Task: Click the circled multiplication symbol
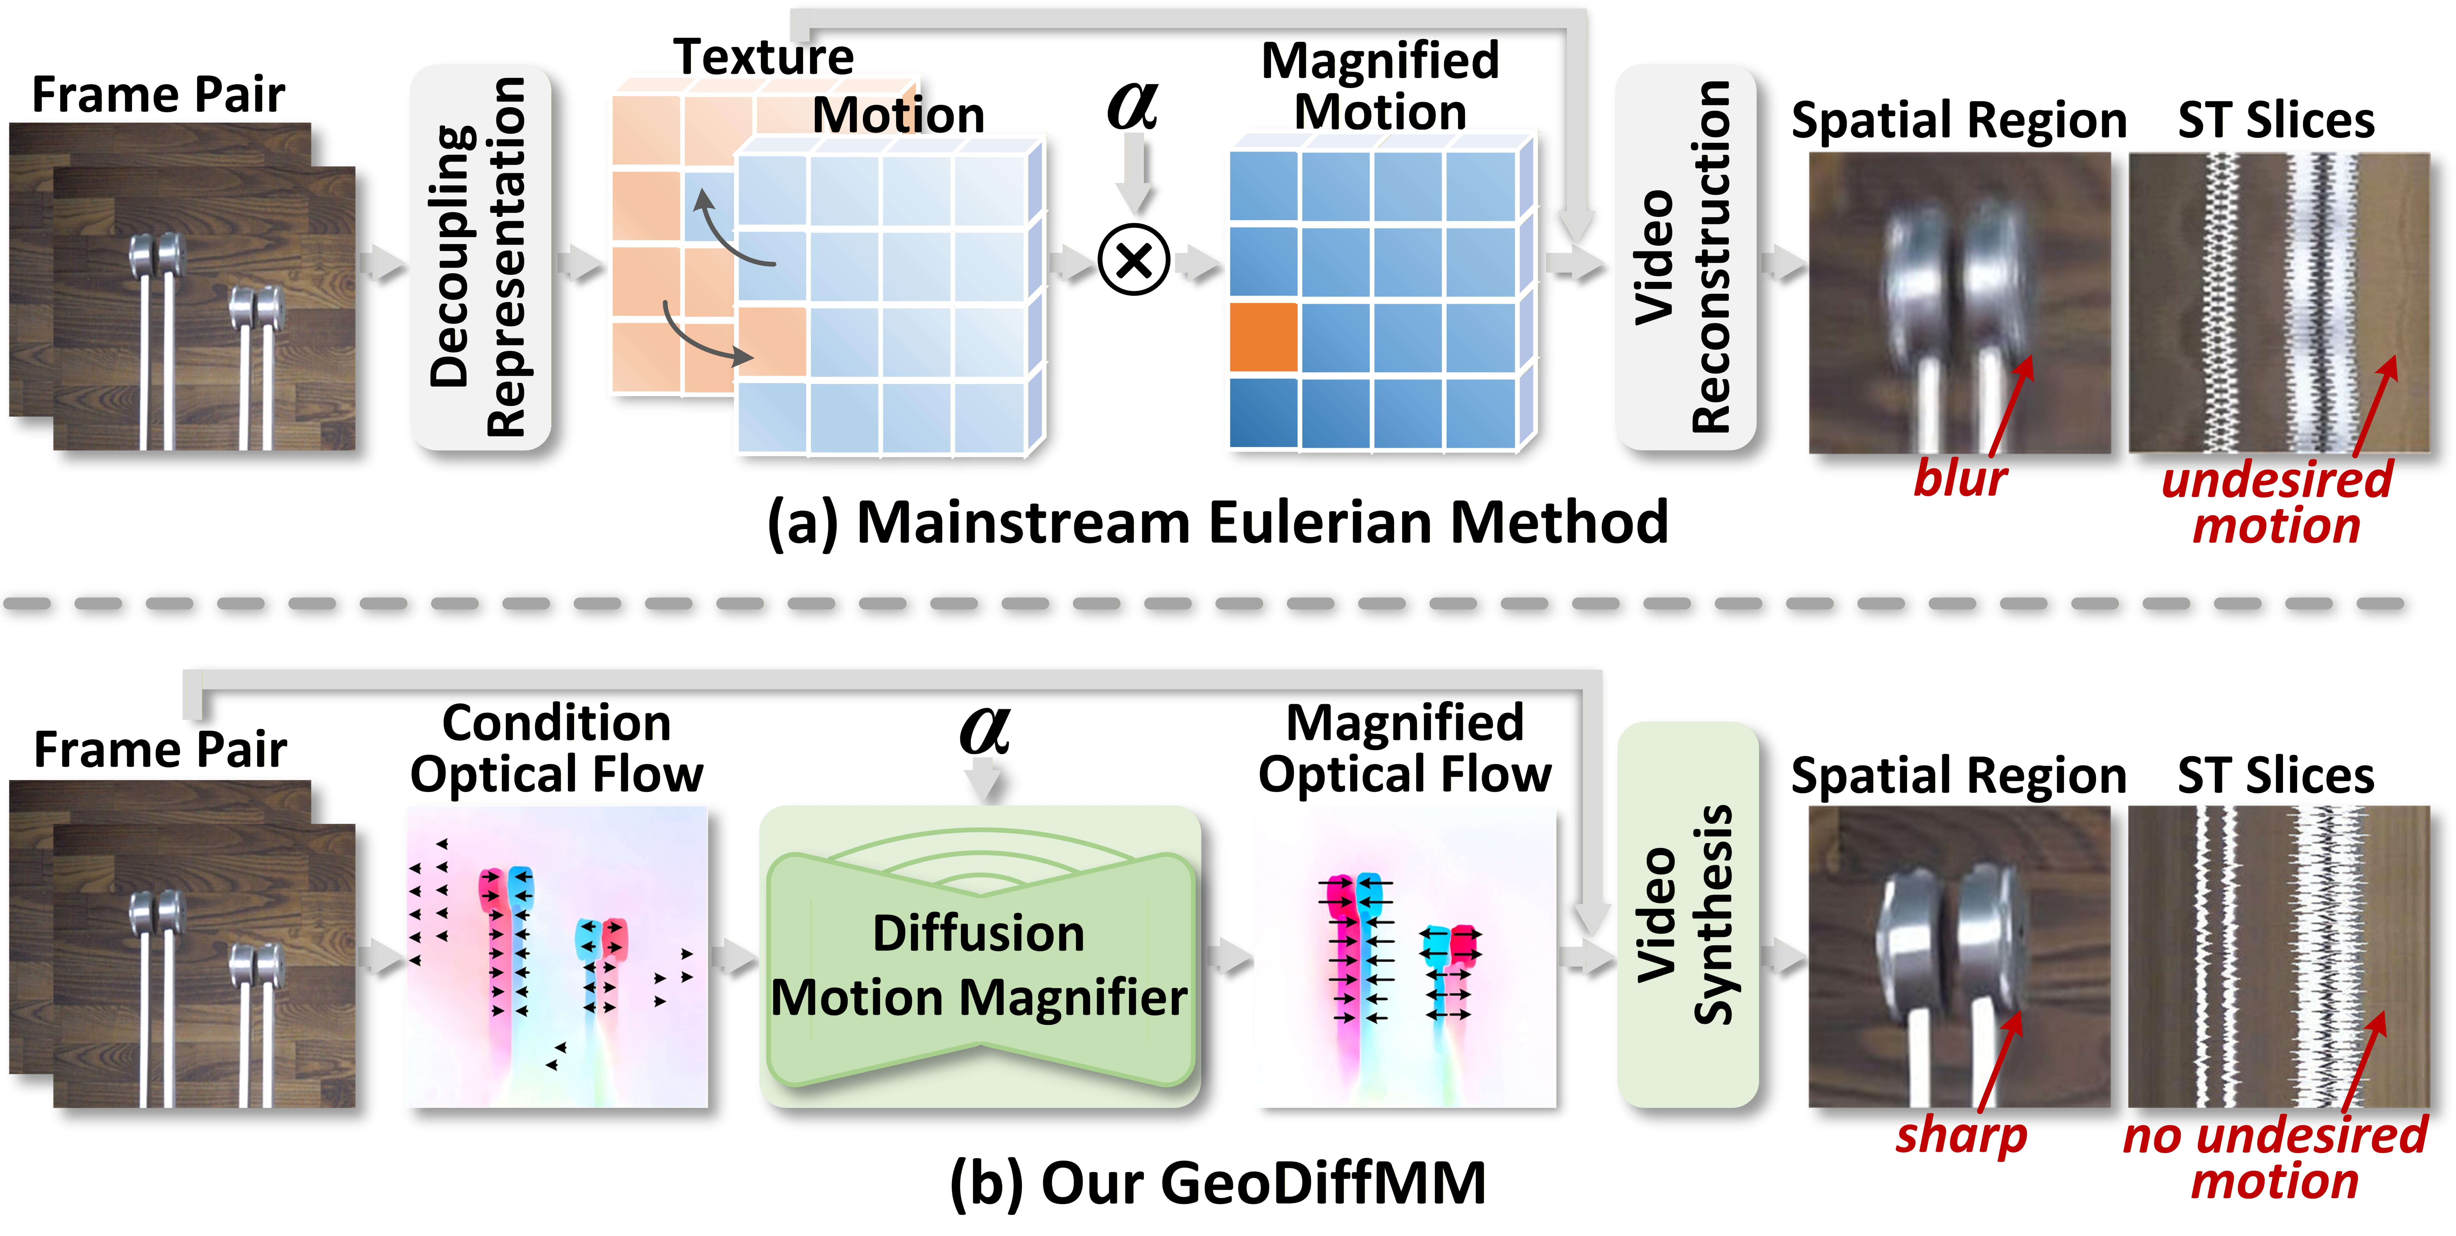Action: pos(1134,260)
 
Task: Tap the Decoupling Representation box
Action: pos(480,258)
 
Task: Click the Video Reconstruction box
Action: pos(1685,258)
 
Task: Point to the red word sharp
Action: pos(1960,1135)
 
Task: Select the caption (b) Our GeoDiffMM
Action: pos(1218,1183)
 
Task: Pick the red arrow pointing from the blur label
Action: pos(2012,405)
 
